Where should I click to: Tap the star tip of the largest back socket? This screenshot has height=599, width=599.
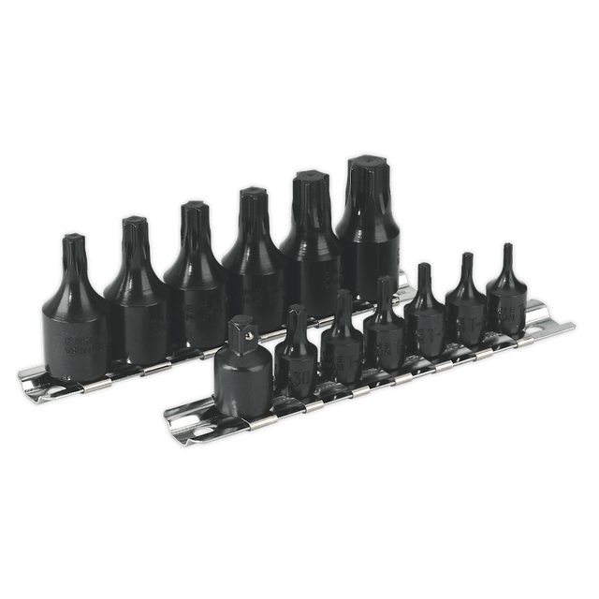[x=366, y=172]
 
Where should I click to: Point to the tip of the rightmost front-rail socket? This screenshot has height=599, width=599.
[x=506, y=252]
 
